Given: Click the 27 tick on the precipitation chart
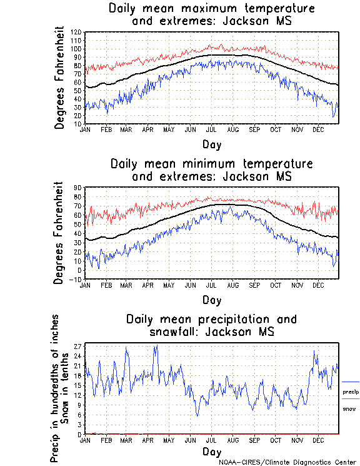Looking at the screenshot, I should click(79, 346).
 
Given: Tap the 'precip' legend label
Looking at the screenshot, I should click(351, 392).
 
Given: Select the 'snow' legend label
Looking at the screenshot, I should click(349, 408).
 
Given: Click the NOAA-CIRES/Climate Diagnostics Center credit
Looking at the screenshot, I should click(288, 462).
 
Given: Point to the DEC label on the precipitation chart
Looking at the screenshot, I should click(317, 440).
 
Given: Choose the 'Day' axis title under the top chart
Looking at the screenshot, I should click(211, 144).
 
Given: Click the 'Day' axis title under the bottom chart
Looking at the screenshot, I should click(211, 452).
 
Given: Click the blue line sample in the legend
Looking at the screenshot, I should click(351, 382).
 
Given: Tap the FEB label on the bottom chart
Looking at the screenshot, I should click(106, 440).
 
